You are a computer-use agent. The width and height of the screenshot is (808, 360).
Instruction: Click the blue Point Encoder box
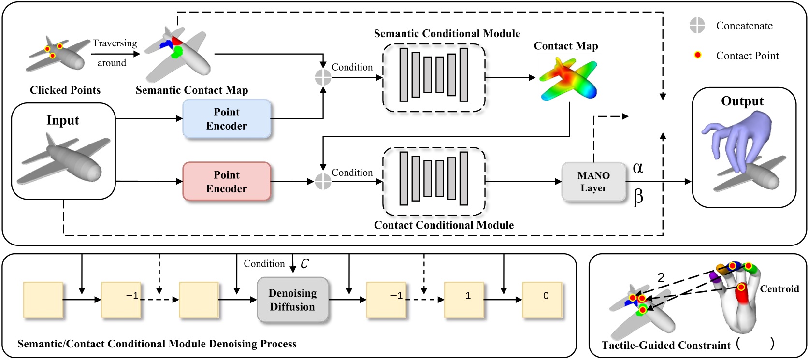[x=226, y=119]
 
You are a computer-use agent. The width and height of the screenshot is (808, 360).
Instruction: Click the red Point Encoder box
[x=226, y=182]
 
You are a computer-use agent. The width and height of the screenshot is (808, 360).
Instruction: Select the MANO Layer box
[x=593, y=182]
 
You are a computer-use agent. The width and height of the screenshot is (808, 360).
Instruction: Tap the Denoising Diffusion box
[x=292, y=300]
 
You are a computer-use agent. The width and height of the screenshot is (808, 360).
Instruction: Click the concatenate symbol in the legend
[x=697, y=26]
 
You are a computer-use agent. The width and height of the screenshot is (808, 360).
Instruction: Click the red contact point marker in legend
[x=697, y=55]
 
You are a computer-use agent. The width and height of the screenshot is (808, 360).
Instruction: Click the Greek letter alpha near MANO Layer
[x=637, y=168]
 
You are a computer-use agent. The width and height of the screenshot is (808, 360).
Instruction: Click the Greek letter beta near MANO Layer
[x=638, y=197]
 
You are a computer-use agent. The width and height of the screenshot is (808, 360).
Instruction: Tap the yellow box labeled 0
[x=542, y=300]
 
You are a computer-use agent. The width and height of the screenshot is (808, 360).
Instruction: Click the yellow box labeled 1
[x=464, y=300]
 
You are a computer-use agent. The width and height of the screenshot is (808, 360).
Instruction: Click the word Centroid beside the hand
[x=779, y=289]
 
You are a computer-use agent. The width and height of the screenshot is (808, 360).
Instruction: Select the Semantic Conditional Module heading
[x=447, y=34]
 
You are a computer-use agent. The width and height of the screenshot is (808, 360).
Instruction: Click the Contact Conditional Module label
[x=444, y=225]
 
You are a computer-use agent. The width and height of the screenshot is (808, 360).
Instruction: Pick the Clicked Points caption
[x=65, y=90]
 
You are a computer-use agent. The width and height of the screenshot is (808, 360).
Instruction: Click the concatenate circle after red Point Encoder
[x=323, y=182]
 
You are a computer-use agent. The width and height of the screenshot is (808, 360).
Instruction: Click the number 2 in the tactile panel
[x=661, y=277]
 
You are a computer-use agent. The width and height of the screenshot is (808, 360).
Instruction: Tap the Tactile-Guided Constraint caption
[x=666, y=345]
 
